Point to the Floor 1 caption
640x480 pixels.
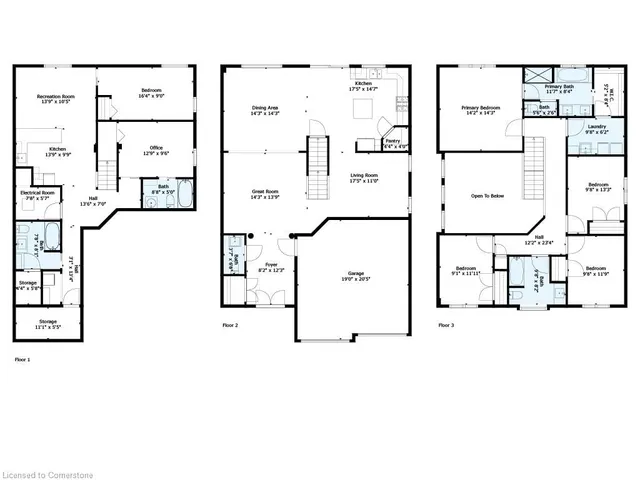(x=22, y=358)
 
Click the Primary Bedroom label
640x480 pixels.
(x=480, y=108)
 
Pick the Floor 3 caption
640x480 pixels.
(x=447, y=326)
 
